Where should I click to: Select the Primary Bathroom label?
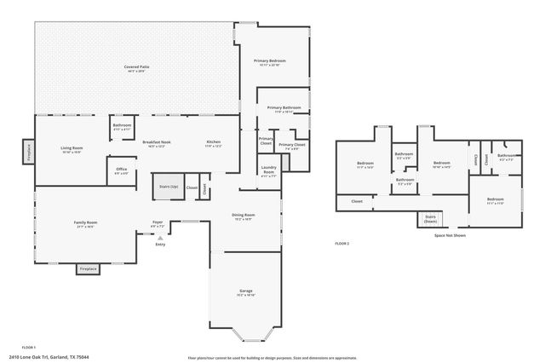(x=284, y=109)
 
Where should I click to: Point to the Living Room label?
(x=71, y=149)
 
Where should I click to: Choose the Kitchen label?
(x=213, y=143)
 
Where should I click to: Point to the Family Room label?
(x=85, y=223)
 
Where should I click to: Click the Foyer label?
(x=158, y=224)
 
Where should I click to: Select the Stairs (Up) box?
(x=168, y=187)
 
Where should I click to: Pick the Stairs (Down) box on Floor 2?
(x=431, y=218)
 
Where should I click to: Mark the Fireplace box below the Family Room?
(x=88, y=269)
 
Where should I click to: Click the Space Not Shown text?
(x=450, y=235)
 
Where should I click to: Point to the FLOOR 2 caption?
(x=341, y=244)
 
